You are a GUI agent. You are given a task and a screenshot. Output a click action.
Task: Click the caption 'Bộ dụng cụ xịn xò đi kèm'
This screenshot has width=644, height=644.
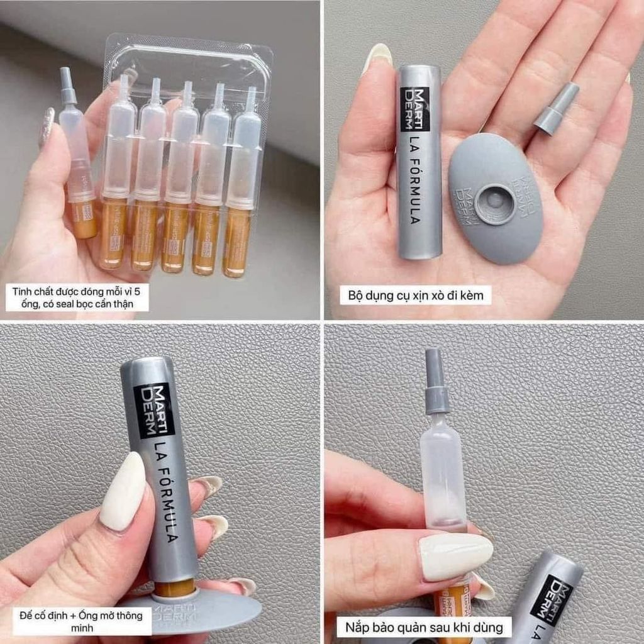click(415, 295)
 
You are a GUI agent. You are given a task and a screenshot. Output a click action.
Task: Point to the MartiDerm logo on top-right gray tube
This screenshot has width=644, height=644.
click(415, 109)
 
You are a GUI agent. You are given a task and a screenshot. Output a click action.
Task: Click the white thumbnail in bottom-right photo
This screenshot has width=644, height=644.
click(455, 556)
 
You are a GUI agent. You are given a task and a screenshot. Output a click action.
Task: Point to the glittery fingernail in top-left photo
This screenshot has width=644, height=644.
click(47, 126)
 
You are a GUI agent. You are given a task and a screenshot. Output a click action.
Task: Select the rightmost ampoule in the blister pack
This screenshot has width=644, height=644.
click(240, 182)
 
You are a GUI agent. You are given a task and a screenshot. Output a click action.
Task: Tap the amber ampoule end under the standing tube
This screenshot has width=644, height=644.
click(174, 589)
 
